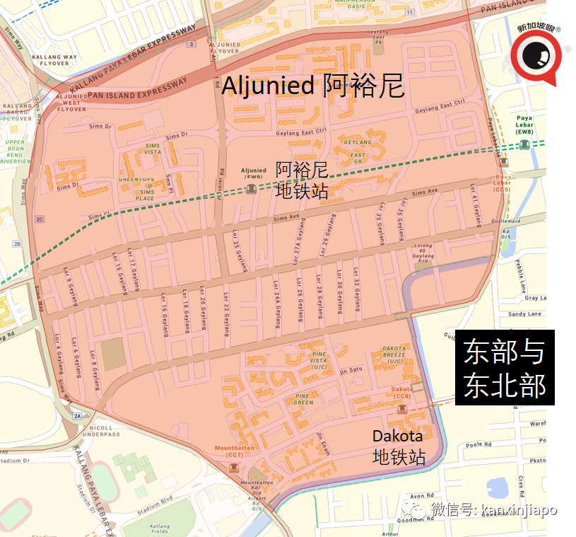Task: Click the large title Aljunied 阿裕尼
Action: (x=312, y=86)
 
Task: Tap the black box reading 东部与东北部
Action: (x=505, y=369)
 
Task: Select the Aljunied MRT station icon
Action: (x=251, y=188)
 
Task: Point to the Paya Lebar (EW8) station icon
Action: (x=524, y=144)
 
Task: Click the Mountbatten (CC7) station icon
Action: (x=234, y=468)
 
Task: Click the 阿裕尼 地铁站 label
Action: (x=302, y=180)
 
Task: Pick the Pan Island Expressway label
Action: (x=138, y=88)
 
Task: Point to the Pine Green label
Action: (x=304, y=399)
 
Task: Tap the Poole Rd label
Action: (x=478, y=445)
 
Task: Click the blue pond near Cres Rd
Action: (x=499, y=487)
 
